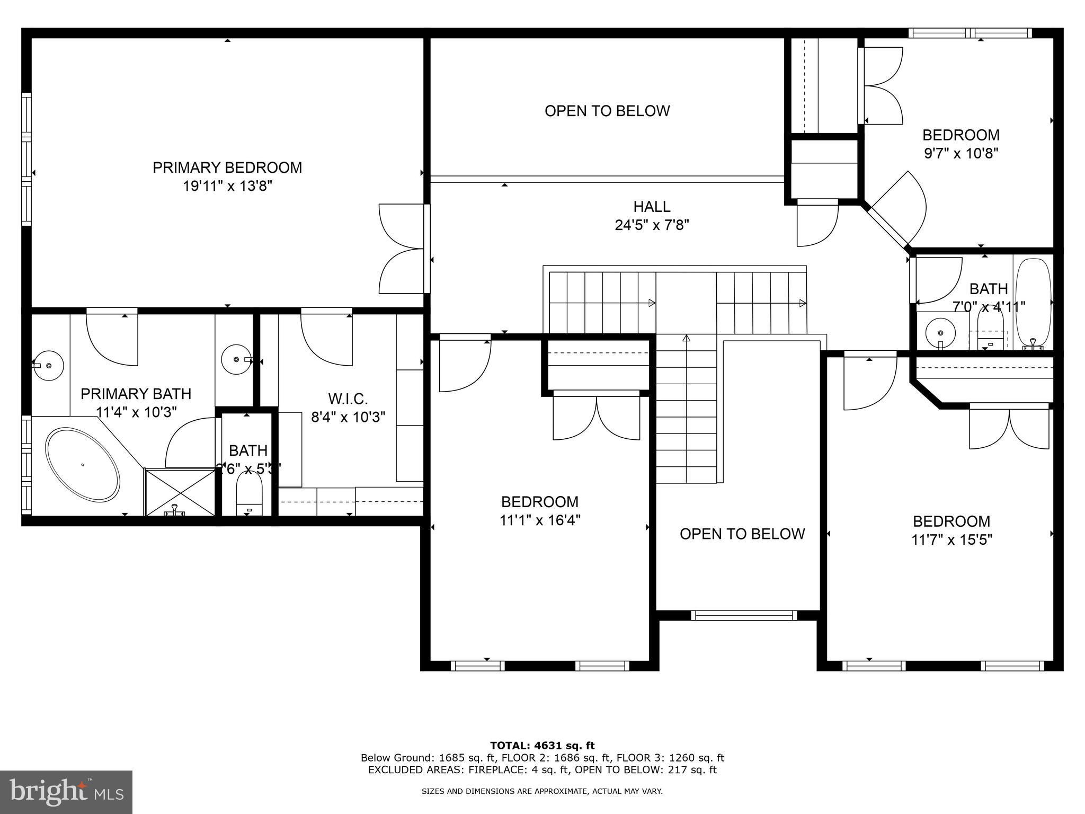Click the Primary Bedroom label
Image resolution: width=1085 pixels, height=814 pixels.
coord(227,167)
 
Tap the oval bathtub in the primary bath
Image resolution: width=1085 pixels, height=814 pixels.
coord(83,465)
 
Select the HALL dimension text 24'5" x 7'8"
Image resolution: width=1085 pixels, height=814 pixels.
coord(652,225)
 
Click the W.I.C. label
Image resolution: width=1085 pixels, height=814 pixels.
coord(348,399)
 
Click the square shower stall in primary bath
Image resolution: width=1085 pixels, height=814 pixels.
coord(180,492)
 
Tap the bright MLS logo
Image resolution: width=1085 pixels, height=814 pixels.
coord(66,792)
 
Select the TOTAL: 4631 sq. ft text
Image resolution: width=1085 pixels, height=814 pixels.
coord(542,746)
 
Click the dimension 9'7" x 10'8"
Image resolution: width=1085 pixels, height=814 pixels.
coord(961,154)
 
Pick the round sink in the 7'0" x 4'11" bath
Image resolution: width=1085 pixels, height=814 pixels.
coord(940,333)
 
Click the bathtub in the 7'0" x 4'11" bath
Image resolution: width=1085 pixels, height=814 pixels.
coord(1033,302)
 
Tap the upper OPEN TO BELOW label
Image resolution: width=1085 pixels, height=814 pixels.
coord(607,111)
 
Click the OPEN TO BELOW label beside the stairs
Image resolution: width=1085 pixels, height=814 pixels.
coord(742,534)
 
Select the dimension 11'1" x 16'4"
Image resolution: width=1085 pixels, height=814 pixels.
coord(540,520)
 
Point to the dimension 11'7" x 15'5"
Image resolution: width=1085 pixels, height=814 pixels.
coord(951,540)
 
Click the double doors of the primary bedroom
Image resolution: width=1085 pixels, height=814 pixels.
coord(403,249)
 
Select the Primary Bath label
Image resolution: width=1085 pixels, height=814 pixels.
coord(136,394)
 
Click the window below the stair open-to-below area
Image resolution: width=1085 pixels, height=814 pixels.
coord(743,615)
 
